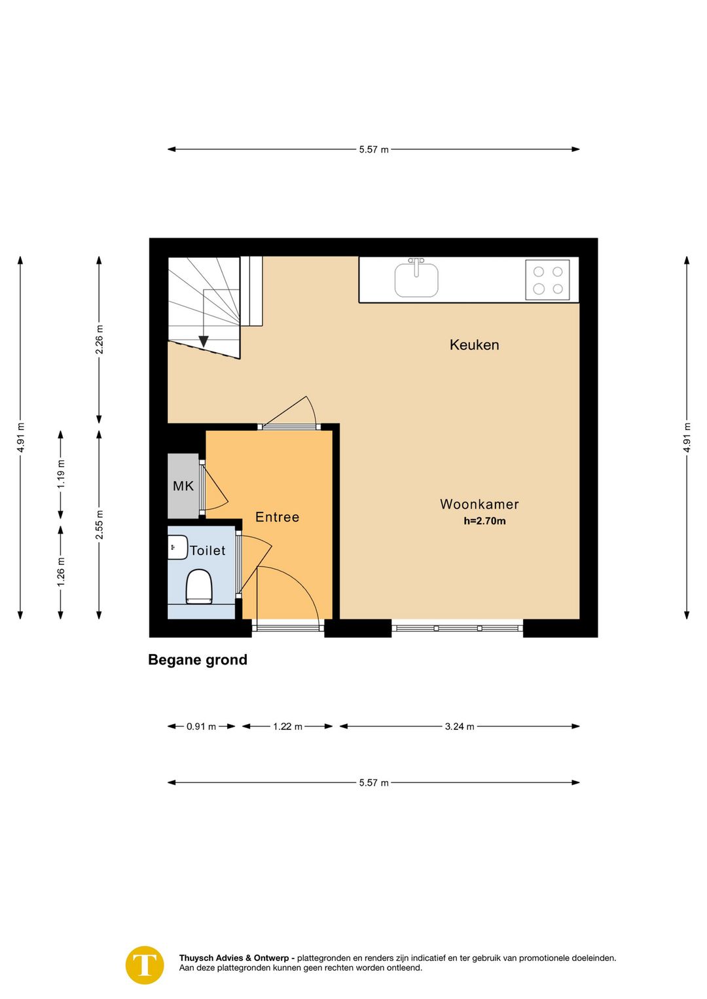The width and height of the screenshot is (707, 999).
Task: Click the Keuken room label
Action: (x=474, y=345)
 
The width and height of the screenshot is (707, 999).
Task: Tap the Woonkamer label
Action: (x=479, y=504)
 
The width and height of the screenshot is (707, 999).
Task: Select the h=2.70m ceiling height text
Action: (x=484, y=521)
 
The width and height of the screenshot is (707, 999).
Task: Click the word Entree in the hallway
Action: (x=277, y=517)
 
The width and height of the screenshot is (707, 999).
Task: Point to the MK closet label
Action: (x=183, y=486)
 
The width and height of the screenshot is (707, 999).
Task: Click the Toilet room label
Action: (x=208, y=551)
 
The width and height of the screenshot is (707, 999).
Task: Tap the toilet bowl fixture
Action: (x=199, y=587)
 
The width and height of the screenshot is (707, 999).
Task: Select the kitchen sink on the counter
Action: (x=416, y=279)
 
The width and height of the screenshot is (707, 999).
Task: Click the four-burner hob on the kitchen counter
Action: (x=547, y=280)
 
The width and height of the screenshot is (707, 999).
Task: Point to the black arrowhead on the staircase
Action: (x=204, y=342)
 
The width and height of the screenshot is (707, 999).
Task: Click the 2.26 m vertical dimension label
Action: (x=99, y=339)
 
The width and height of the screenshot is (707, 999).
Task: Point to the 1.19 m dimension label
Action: (x=61, y=473)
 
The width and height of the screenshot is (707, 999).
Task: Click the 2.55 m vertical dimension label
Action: (x=99, y=524)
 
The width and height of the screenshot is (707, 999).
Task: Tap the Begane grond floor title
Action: (x=198, y=660)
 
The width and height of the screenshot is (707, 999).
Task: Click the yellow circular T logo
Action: (x=145, y=965)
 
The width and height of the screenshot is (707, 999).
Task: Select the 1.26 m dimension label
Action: (x=61, y=572)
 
